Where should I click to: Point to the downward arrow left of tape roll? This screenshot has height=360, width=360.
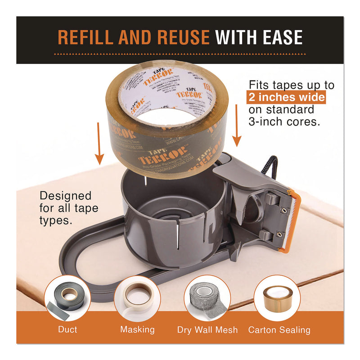coord(99,149)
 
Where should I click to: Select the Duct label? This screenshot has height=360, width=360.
coord(67,330)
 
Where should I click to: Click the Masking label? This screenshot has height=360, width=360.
coord(137,330)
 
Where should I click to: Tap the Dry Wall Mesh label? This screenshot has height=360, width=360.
coord(207,330)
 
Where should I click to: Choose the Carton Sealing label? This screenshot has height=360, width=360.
coord(279,330)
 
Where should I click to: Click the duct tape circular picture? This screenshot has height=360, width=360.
coord(67,297)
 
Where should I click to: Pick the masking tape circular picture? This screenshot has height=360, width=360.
coord(137,297)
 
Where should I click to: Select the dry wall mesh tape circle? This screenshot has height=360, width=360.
coord(207,297)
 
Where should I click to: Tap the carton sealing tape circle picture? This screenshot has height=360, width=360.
coord(277,297)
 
